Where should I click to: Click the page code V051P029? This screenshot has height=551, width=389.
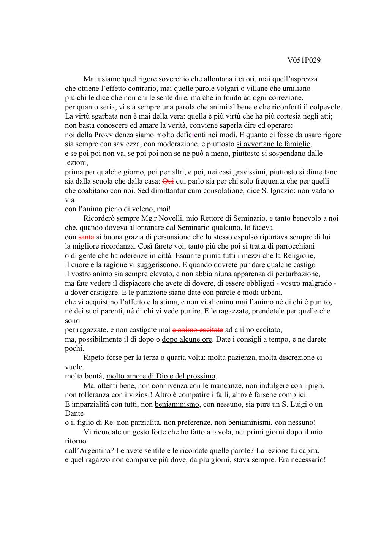pos(304,60)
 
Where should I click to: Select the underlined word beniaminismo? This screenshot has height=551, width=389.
pos(177,404)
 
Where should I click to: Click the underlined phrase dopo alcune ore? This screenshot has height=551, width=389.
pos(187,339)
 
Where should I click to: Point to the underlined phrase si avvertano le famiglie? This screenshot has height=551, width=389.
pos(274,144)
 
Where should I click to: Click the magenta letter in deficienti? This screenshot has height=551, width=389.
pos(194,135)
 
